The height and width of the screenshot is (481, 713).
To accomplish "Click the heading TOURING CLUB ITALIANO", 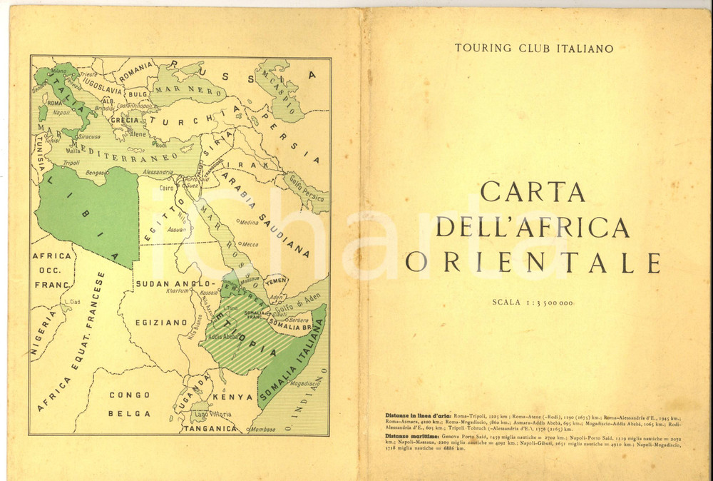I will (x=535, y=49).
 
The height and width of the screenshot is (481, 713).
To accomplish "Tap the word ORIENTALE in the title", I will (x=533, y=263).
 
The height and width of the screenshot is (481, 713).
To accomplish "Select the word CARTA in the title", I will (x=533, y=191).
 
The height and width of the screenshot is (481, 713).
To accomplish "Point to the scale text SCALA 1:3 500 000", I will (x=533, y=303).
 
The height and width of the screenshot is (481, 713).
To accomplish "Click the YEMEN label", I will (x=276, y=280).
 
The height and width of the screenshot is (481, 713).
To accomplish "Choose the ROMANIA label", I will (x=136, y=72).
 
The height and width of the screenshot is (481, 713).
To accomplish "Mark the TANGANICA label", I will (x=209, y=429).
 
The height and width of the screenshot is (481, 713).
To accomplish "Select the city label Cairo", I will (x=167, y=188).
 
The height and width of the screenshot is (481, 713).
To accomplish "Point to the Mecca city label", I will (x=250, y=244).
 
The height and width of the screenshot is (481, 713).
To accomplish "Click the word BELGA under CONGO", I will (x=129, y=413).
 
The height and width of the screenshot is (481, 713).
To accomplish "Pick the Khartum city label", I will (x=177, y=290).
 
